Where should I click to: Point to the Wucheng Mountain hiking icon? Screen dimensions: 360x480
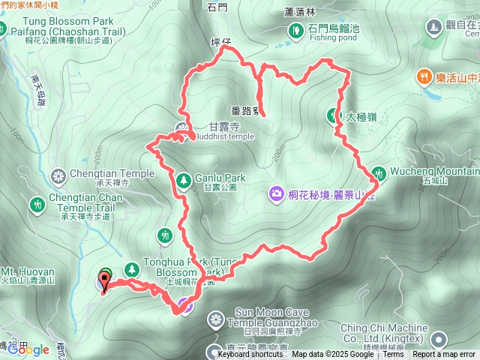point(379,172)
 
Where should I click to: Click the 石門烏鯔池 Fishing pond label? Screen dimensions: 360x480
point(334,31)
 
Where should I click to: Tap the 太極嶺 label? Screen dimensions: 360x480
point(360,117)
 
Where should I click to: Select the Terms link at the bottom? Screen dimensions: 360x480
point(392,355)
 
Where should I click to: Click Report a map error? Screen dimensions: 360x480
point(444,355)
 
